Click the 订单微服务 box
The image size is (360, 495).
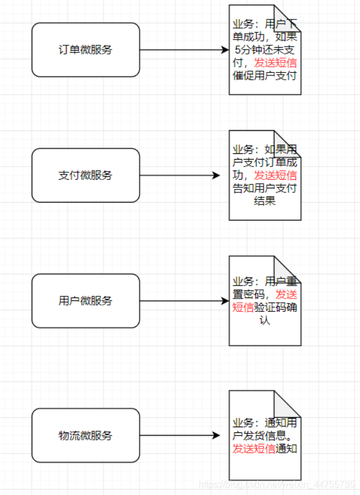pos(86,50)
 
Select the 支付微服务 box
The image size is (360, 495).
pos(86,175)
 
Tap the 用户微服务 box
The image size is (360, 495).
pos(86,300)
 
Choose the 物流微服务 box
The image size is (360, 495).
pos(86,435)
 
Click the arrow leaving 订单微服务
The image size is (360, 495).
pos(184,50)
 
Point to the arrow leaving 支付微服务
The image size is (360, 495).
pos(179,175)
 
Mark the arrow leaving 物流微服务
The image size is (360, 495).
pos(179,435)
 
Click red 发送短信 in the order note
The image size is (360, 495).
pos(276,63)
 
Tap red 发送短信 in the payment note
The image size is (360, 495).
pos(276,175)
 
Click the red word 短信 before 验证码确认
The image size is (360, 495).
pos(243,307)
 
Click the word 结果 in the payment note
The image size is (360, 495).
pos(265,201)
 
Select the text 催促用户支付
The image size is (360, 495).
pos(265,75)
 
